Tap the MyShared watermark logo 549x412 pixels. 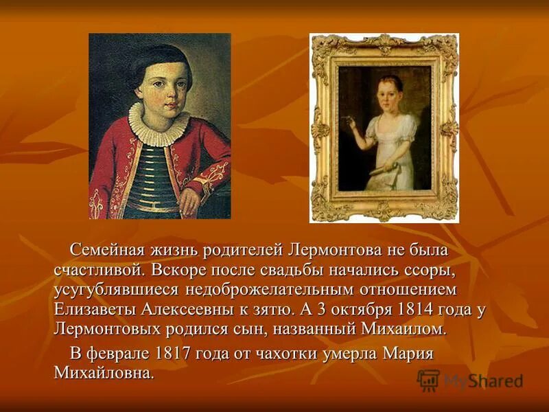click(x=471, y=380)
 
